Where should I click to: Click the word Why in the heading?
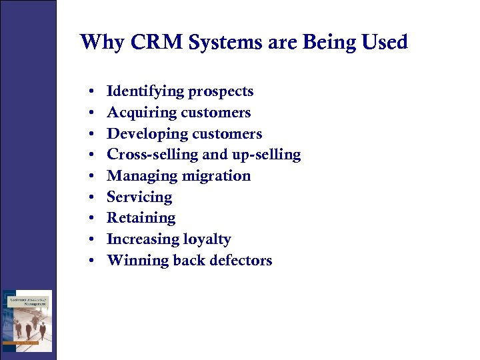pos(101,43)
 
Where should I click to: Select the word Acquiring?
pos(138,113)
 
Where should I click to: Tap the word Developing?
pos(143,134)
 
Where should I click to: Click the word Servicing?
pos(139,197)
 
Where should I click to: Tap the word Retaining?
pos(141,218)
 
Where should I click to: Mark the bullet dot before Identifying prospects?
pos(89,92)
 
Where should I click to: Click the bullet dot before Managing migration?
pos(89,177)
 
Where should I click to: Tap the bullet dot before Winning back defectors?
pos(89,261)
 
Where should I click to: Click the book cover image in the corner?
pos(27,320)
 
